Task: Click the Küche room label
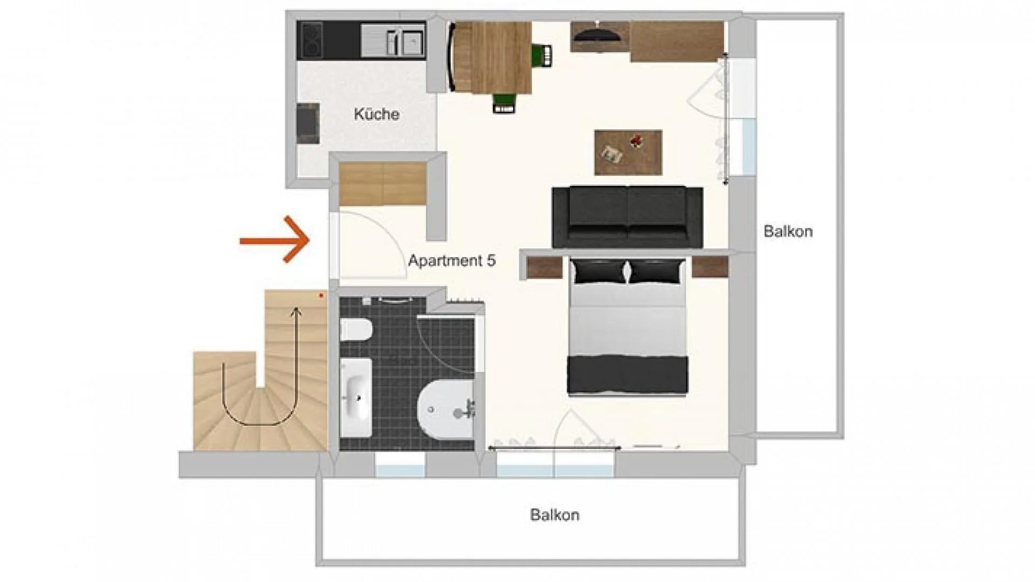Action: (x=376, y=114)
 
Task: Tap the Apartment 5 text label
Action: (x=452, y=261)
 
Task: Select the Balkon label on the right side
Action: (x=788, y=232)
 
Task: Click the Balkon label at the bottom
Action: (x=555, y=515)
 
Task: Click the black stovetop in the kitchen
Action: (x=310, y=40)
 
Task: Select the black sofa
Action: (x=627, y=217)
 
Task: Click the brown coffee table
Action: (x=628, y=152)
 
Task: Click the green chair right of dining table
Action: (x=542, y=54)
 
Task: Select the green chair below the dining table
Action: (x=505, y=103)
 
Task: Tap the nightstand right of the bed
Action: (x=710, y=267)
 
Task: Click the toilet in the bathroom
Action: (x=356, y=330)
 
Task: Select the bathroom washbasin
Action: (x=356, y=397)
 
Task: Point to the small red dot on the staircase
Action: (x=321, y=295)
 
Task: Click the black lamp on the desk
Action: (x=597, y=33)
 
